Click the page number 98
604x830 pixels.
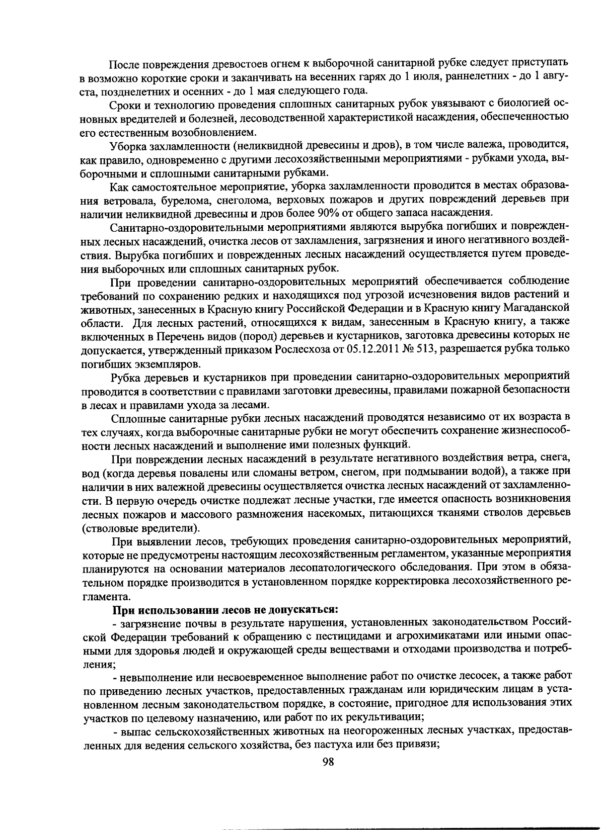(x=328, y=761)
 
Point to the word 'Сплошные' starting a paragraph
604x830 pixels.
(x=133, y=417)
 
